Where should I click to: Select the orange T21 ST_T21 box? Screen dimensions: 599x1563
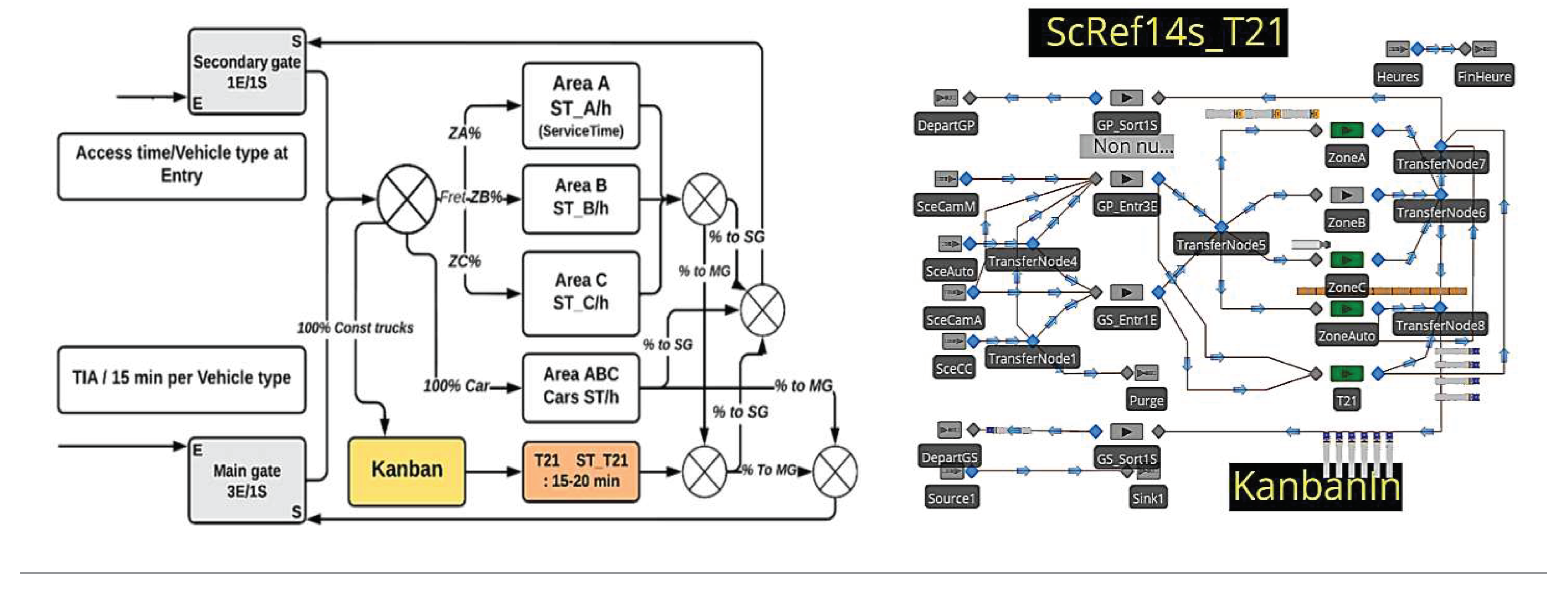click(x=581, y=471)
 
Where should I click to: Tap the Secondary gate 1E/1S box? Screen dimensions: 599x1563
click(x=247, y=71)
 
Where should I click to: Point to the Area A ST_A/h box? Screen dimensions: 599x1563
click(x=581, y=105)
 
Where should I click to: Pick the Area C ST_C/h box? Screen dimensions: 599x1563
click(x=581, y=292)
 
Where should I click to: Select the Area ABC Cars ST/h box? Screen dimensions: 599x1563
click(x=581, y=386)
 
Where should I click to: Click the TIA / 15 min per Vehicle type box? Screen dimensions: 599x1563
click(x=182, y=378)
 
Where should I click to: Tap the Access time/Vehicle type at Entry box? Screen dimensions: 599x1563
click(x=182, y=165)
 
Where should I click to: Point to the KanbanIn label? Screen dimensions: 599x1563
click(x=1315, y=487)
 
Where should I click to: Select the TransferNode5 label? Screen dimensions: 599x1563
click(x=1220, y=245)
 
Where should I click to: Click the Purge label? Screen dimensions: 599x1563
click(x=1145, y=401)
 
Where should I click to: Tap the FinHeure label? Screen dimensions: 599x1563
click(x=1484, y=76)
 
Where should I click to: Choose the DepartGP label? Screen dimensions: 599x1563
click(x=945, y=126)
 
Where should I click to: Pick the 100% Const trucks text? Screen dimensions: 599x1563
click(x=355, y=328)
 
